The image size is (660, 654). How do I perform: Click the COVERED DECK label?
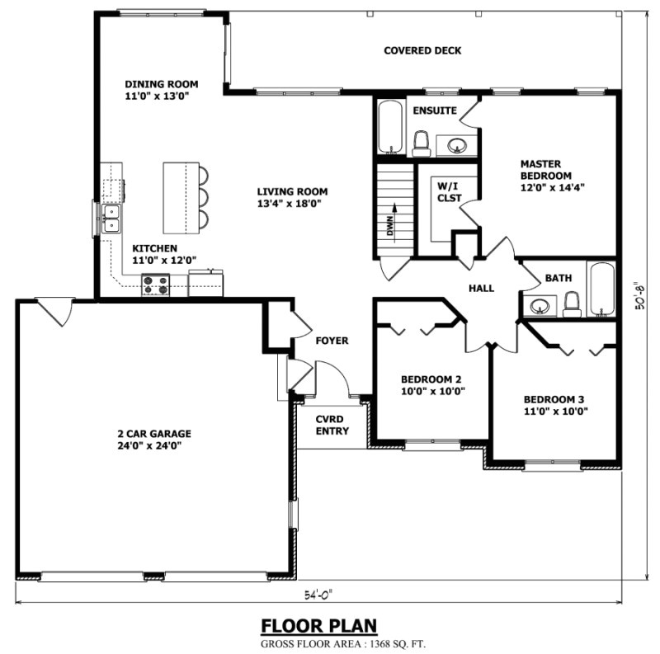tap(422, 51)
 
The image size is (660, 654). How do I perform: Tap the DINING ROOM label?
tap(157, 84)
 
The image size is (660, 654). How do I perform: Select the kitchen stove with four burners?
tap(155, 285)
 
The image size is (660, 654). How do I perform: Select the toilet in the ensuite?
tap(421, 144)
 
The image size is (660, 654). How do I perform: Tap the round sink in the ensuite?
tap(456, 146)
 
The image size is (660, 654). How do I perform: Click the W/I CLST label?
tap(449, 192)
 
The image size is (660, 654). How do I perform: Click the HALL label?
tap(481, 289)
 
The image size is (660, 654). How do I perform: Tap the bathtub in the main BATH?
tap(601, 289)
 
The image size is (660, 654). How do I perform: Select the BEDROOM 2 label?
tap(431, 379)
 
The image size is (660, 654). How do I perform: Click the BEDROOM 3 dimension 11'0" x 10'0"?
tap(555, 411)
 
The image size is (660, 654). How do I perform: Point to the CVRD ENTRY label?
tap(332, 425)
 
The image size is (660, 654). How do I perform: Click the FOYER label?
tap(332, 341)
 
